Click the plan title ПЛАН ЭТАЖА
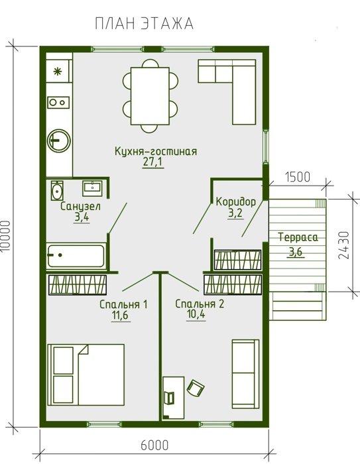pyautogui.click(x=144, y=24)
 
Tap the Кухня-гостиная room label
pyautogui.click(x=155, y=151)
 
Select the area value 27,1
pyautogui.click(x=153, y=162)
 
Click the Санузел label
pyautogui.click(x=80, y=206)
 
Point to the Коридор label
pyautogui.click(x=235, y=202)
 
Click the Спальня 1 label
pyautogui.click(x=123, y=304)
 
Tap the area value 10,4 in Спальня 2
pyautogui.click(x=196, y=315)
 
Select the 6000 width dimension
pyautogui.click(x=154, y=445)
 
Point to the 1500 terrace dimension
pyautogui.click(x=298, y=177)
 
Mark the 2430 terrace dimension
pyautogui.click(x=343, y=245)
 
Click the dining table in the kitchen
pyautogui.click(x=150, y=96)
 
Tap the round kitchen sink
pyautogui.click(x=59, y=140)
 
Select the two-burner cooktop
pyautogui.click(x=58, y=102)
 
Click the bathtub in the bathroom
pyautogui.click(x=76, y=256)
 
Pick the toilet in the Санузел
pyautogui.click(x=57, y=190)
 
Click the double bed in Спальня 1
pyautogui.click(x=86, y=375)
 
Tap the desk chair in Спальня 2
pyautogui.click(x=196, y=388)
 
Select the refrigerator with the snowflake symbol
pyautogui.click(x=58, y=72)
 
